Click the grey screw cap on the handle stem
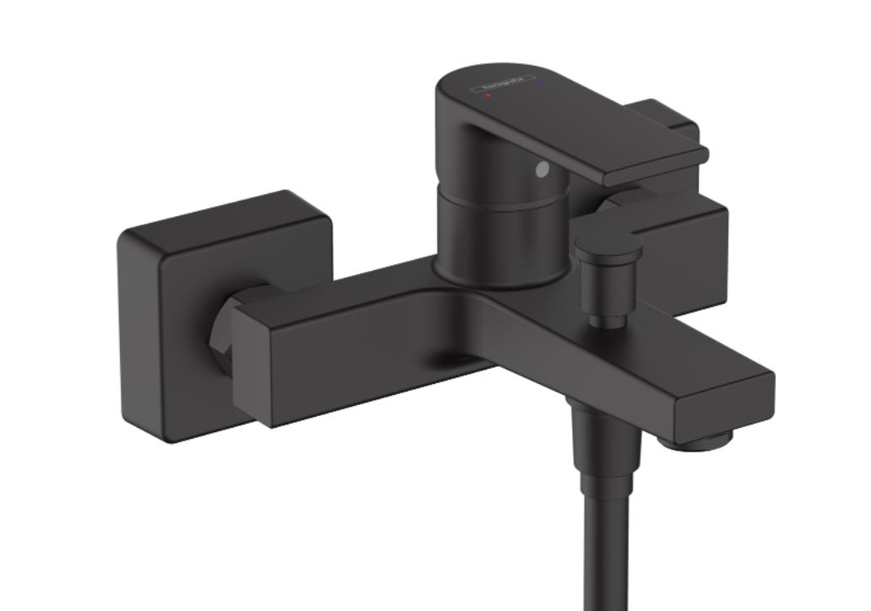542,170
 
